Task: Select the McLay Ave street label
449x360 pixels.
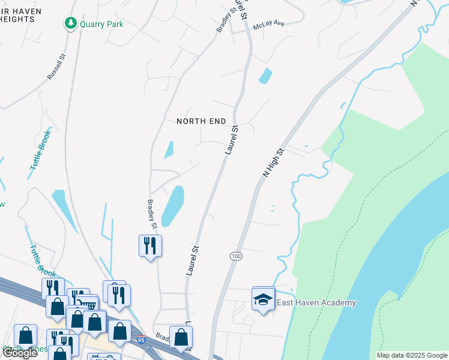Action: [x=268, y=23]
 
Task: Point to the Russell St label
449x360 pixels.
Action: [x=56, y=67]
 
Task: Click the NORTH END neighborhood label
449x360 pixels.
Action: [x=201, y=121]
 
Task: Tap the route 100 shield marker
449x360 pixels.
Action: [x=236, y=256]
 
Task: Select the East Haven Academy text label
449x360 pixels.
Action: [x=316, y=303]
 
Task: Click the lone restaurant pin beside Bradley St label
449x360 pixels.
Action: [x=150, y=245]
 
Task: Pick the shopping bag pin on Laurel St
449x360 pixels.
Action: [x=181, y=338]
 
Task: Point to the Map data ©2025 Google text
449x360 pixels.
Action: [x=411, y=355]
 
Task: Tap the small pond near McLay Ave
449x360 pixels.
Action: [x=265, y=76]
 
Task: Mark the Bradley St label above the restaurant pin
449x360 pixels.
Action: [x=152, y=214]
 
